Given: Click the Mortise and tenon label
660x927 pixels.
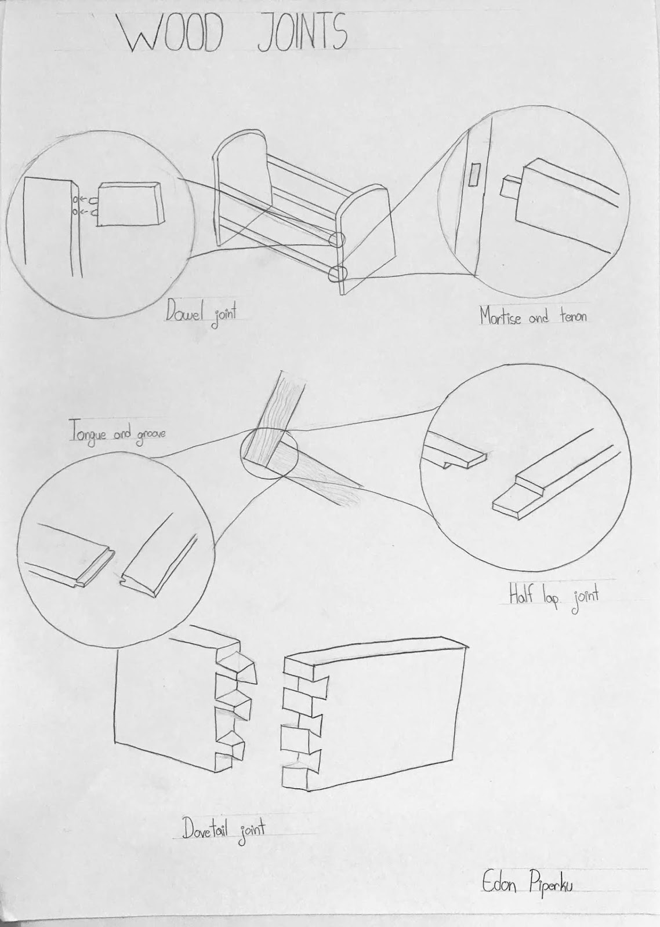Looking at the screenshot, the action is [533, 316].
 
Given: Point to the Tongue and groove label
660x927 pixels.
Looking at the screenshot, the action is [117, 435].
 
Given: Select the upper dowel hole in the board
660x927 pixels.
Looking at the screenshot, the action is [75, 200].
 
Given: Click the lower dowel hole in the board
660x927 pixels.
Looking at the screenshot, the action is [75, 212].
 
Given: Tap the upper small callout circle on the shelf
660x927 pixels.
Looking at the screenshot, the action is [336, 240].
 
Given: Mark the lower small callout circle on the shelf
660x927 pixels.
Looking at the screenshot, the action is [338, 273].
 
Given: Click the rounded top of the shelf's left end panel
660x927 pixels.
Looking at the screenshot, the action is [240, 133].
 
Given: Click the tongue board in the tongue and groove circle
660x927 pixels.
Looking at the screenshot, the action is [70, 554].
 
